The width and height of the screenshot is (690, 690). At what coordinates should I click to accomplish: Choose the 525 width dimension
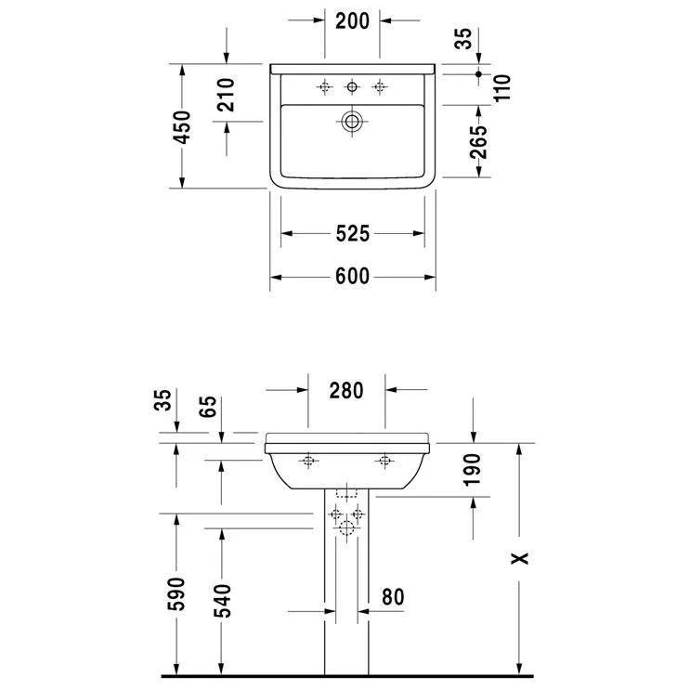(x=352, y=234)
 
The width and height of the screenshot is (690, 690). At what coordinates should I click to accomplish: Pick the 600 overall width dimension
(x=352, y=276)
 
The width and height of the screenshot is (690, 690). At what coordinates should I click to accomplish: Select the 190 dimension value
(x=473, y=470)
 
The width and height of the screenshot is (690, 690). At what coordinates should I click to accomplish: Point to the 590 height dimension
(x=176, y=594)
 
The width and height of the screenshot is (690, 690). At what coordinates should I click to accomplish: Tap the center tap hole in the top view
(x=352, y=87)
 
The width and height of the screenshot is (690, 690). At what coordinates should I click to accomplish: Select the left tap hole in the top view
(x=324, y=87)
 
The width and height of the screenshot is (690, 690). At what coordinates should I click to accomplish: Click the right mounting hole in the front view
(x=384, y=461)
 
